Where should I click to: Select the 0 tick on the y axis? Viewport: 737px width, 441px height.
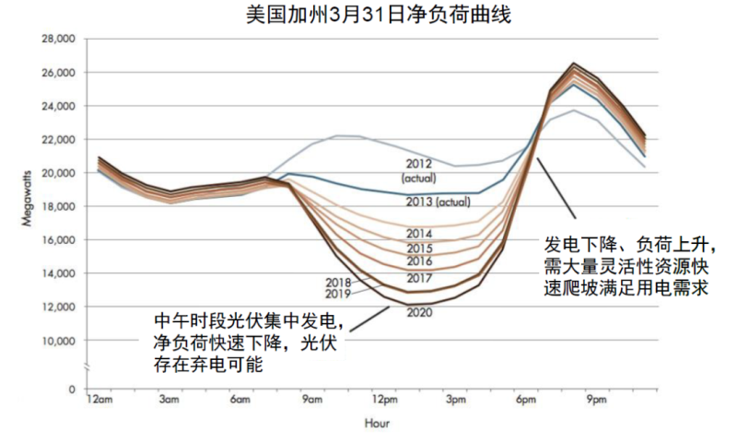[x=70, y=389]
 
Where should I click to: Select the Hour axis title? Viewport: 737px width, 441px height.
[x=376, y=424]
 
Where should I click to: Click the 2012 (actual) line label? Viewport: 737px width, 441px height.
[x=419, y=169]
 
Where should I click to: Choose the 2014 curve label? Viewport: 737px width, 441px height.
[x=418, y=234]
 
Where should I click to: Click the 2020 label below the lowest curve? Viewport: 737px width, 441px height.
[x=418, y=312]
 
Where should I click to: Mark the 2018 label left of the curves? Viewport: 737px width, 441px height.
[x=340, y=282]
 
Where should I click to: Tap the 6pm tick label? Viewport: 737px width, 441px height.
[x=526, y=400]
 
